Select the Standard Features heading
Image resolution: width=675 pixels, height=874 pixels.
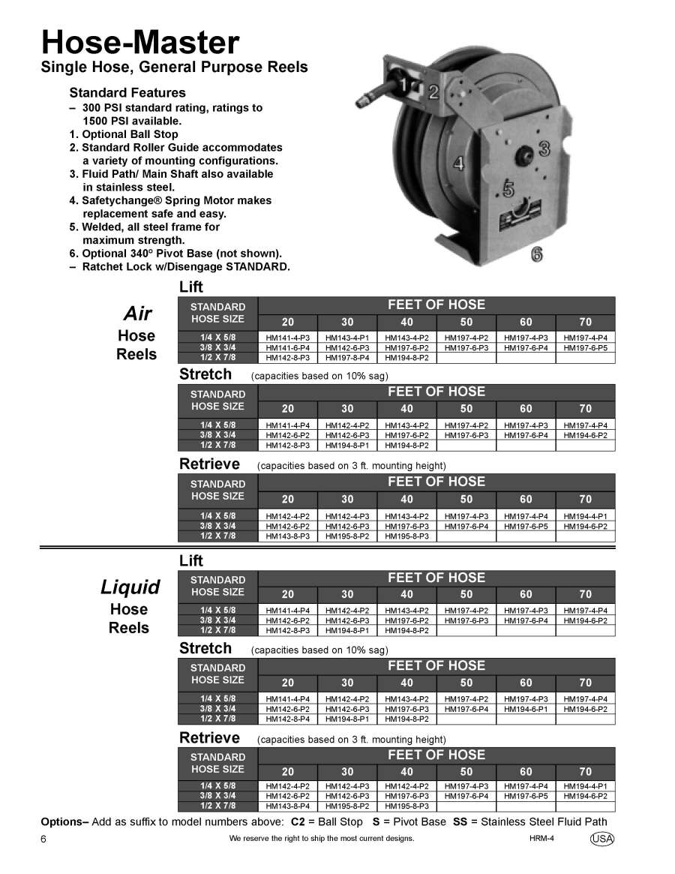127,93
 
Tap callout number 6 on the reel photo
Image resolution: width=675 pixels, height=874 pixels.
537,254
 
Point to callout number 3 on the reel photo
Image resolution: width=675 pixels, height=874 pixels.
544,148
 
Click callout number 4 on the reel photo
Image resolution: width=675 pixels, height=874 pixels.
458,163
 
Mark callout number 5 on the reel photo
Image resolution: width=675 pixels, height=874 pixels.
508,190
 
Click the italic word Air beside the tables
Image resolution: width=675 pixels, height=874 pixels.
137,314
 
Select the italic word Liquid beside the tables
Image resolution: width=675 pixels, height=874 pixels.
130,587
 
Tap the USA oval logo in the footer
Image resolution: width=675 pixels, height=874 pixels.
601,839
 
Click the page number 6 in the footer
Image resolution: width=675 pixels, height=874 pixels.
43,839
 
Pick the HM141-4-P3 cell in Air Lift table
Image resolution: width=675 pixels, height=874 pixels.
287,338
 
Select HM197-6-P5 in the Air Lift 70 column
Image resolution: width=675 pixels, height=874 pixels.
585,348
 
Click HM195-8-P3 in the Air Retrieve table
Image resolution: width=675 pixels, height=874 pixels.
406,536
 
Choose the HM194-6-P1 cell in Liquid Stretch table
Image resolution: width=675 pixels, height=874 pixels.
526,709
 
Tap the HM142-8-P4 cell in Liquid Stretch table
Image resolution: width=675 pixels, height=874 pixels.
287,719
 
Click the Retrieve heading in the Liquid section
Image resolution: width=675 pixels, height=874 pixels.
209,738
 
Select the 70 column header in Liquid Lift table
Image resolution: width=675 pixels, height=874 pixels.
585,595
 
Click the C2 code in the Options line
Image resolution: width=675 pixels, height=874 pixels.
298,821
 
